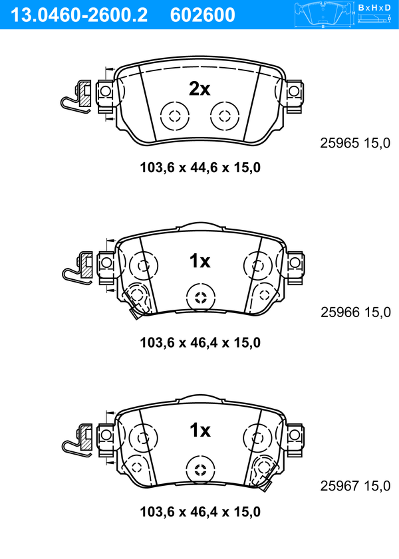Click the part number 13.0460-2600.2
click(79, 15)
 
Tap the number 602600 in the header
click(203, 15)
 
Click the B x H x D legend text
click(374, 7)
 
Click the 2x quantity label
click(199, 89)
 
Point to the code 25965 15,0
click(355, 144)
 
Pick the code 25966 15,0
click(356, 312)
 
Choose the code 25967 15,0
click(356, 486)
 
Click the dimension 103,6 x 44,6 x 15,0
click(200, 168)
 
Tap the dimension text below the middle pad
click(200, 342)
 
